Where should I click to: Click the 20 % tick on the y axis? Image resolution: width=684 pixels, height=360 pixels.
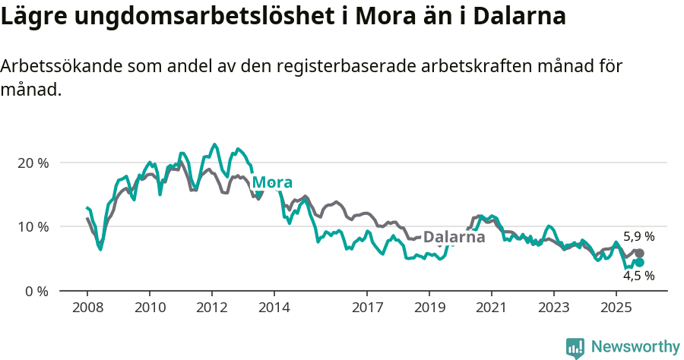pyautogui.click(x=32, y=163)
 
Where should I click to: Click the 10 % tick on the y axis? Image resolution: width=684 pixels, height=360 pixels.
pyautogui.click(x=32, y=226)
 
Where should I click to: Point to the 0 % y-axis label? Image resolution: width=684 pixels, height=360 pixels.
pyautogui.click(x=35, y=291)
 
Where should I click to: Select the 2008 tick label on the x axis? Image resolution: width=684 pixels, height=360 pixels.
pyautogui.click(x=87, y=308)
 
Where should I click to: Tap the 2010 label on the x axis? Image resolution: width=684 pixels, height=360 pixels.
pyautogui.click(x=149, y=308)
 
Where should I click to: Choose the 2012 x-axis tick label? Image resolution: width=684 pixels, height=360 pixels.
pyautogui.click(x=211, y=308)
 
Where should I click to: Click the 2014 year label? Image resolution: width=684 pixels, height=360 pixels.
pyautogui.click(x=274, y=308)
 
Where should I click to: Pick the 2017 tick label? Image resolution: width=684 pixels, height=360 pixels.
pyautogui.click(x=367, y=308)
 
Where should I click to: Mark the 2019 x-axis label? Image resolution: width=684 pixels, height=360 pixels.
pyautogui.click(x=429, y=308)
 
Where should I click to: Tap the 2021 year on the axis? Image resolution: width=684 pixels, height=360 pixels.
pyautogui.click(x=492, y=308)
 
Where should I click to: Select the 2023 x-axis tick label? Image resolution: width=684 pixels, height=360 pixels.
pyautogui.click(x=554, y=308)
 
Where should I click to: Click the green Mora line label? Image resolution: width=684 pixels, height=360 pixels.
pyautogui.click(x=272, y=182)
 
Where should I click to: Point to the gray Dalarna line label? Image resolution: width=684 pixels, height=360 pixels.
pyautogui.click(x=454, y=237)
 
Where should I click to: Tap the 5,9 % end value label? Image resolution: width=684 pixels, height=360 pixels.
pyautogui.click(x=638, y=236)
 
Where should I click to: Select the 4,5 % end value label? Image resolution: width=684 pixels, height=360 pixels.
pyautogui.click(x=638, y=276)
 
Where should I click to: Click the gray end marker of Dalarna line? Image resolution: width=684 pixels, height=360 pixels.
pyautogui.click(x=639, y=254)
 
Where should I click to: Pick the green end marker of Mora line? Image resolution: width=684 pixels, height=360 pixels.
pyautogui.click(x=639, y=262)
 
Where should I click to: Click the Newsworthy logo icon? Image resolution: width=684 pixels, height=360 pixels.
pyautogui.click(x=575, y=347)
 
